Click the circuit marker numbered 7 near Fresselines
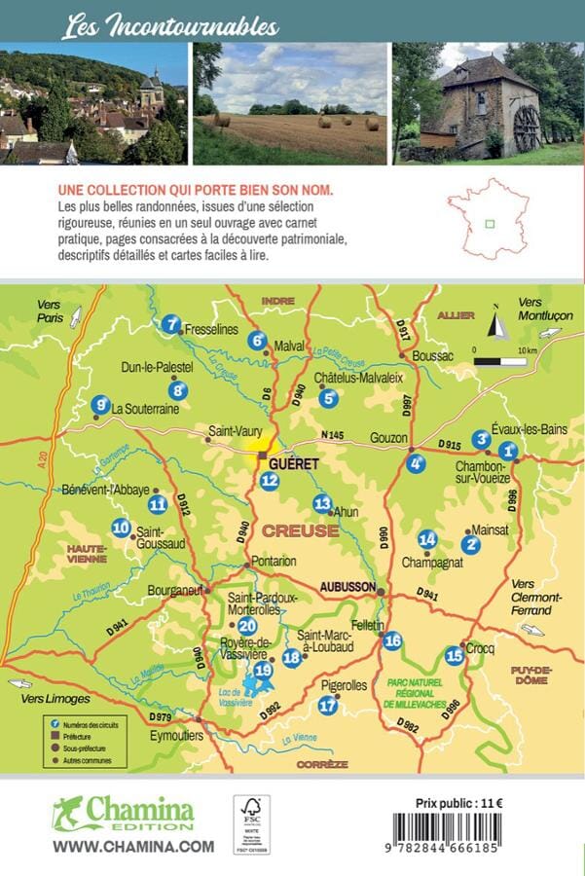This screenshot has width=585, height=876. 172,324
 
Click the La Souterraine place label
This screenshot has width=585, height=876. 146,409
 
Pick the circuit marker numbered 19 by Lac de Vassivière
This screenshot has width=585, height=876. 262,670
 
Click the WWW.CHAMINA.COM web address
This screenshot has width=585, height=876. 133,847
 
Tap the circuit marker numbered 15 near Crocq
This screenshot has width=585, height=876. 454,655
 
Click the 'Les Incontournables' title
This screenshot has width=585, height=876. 170,26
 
